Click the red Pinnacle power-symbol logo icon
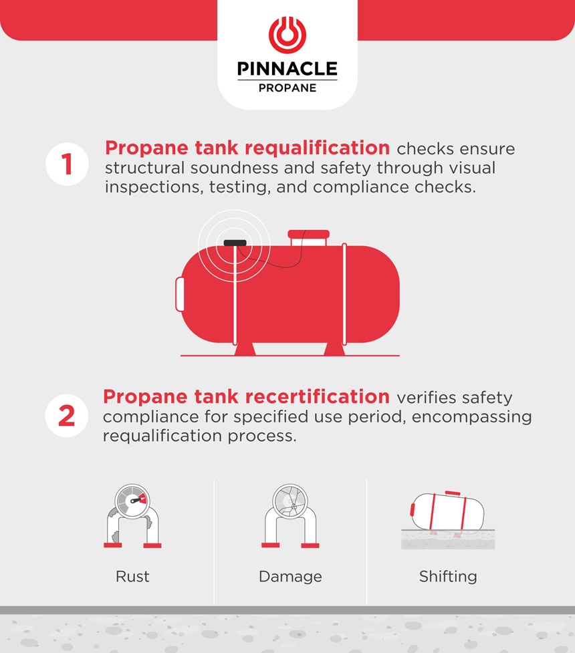287,35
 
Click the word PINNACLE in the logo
287,70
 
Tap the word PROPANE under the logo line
287,88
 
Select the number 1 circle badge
67,164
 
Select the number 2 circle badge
67,415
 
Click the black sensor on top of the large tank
235,243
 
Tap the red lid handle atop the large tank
308,234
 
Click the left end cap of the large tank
180,294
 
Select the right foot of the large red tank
336,349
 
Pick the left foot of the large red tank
244,349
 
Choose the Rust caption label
132,576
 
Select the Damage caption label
290,576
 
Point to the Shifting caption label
448,576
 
